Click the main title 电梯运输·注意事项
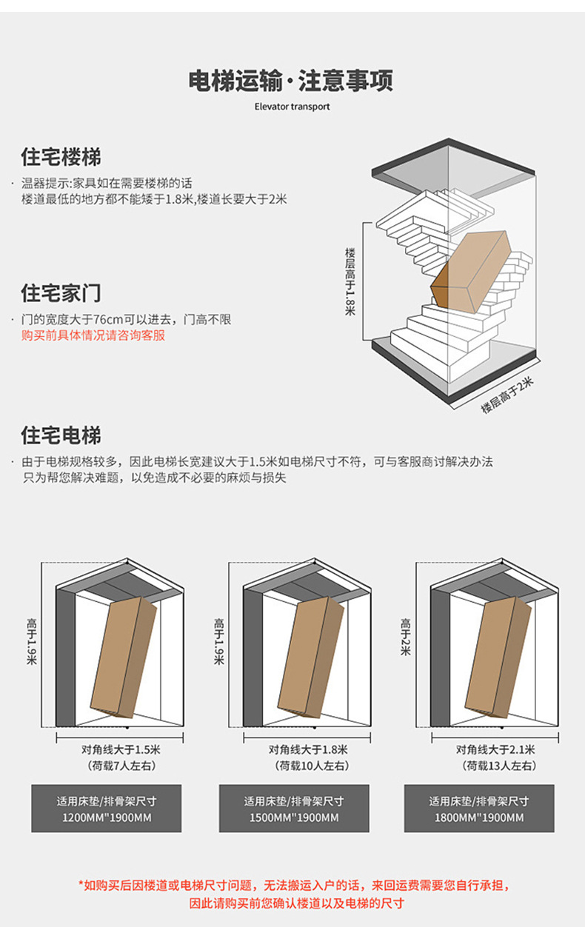[292, 80]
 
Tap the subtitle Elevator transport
[292, 107]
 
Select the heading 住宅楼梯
[61, 158]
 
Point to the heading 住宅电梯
[61, 435]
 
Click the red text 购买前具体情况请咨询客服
[93, 335]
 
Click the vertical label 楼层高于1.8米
[350, 281]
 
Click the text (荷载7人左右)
[121, 766]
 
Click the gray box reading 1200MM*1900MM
[106, 809]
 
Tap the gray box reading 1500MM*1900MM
[294, 809]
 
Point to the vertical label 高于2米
[406, 637]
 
